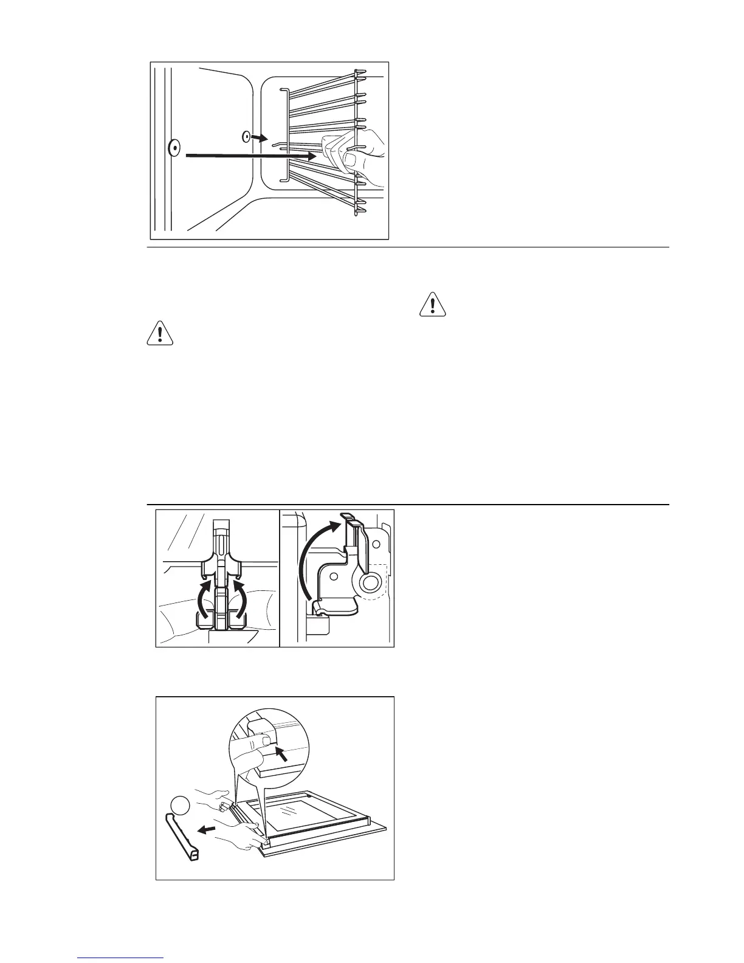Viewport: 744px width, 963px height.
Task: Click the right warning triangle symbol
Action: tap(432, 304)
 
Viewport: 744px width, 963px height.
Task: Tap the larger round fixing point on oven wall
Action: tap(174, 147)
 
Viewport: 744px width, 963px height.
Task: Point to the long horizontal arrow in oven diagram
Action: tap(249, 156)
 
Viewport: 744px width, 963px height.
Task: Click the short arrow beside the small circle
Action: tap(259, 139)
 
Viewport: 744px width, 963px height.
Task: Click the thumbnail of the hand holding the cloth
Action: tap(352, 160)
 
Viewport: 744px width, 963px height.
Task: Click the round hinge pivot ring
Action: tap(369, 584)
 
